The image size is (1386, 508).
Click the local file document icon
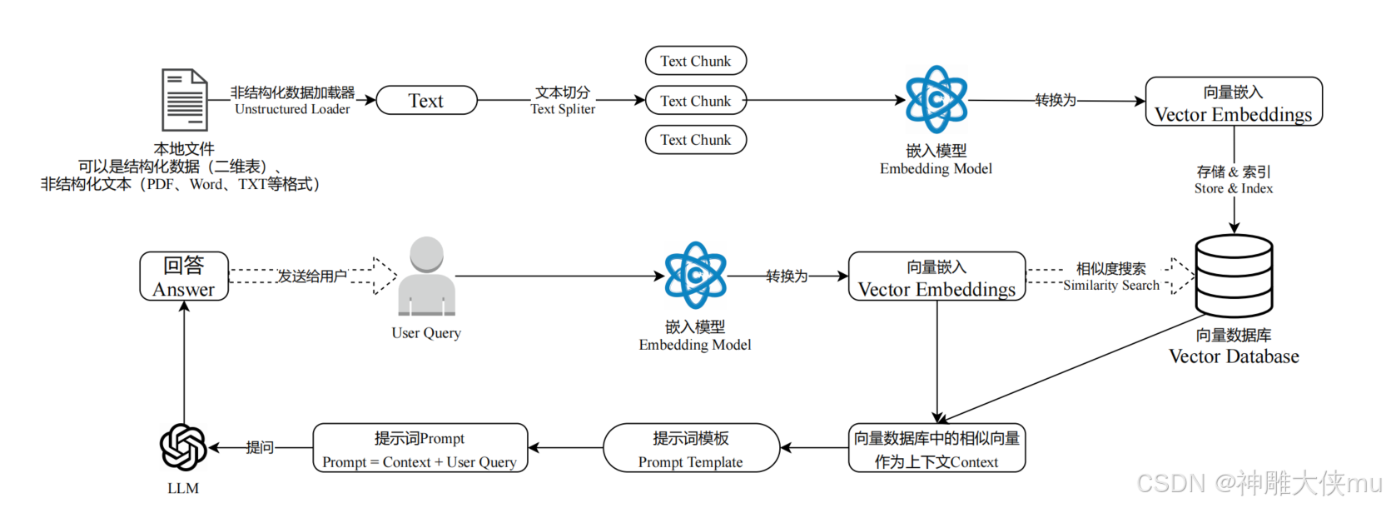point(185,100)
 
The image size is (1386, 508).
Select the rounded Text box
point(426,100)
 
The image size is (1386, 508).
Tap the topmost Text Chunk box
point(695,61)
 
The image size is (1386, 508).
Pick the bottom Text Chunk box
point(695,140)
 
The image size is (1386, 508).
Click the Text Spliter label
point(563,109)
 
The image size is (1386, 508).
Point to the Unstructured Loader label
point(292,109)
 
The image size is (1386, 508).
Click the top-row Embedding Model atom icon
point(936,99)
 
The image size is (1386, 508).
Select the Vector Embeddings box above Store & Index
point(1234,102)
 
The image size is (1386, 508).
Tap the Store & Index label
point(1233,188)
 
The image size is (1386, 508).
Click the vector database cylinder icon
point(1234,276)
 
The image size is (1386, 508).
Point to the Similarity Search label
point(1111,286)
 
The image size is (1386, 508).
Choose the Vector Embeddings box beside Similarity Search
point(936,276)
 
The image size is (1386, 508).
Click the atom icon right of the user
point(695,275)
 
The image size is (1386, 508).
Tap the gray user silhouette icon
point(427,276)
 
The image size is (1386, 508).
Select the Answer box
point(185,276)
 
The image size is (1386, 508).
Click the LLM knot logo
point(183,447)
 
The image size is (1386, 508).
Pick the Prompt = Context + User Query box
point(420,448)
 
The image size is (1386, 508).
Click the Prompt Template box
point(691,448)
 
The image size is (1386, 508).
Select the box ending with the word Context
point(936,448)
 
